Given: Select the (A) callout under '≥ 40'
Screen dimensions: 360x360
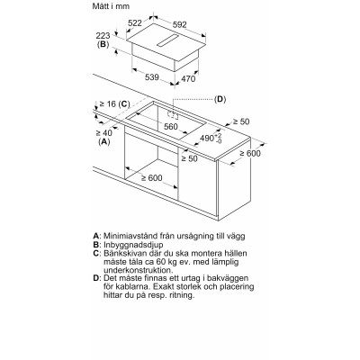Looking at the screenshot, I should click(x=104, y=142).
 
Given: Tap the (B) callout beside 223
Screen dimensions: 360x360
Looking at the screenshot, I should click(x=103, y=43).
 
